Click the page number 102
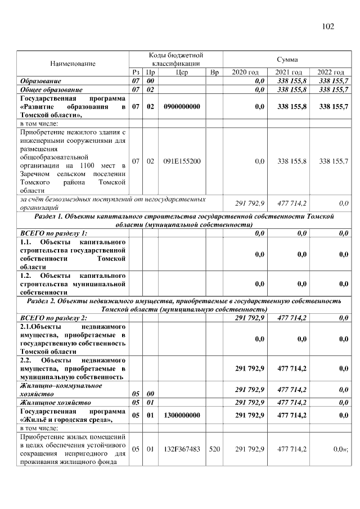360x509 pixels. click(x=328, y=26)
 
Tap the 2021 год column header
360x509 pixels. click(x=287, y=73)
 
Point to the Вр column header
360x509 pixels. click(x=214, y=73)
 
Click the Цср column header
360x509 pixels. click(x=182, y=73)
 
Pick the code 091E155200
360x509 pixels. click(x=182, y=161)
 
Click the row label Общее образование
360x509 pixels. click(x=51, y=89)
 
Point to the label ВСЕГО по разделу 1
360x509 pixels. click(x=53, y=233)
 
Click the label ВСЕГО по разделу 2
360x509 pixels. click(x=53, y=318)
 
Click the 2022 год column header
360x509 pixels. click(x=330, y=73)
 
